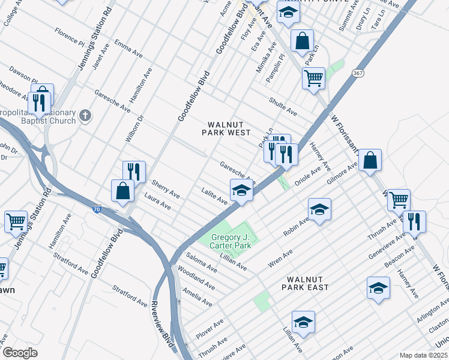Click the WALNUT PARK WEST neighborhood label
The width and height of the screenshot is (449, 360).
tap(229, 128)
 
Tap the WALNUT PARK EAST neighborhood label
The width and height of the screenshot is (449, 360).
tap(307, 283)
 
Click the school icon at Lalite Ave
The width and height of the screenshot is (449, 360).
tap(241, 191)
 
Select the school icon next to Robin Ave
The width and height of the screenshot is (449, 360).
tap(320, 209)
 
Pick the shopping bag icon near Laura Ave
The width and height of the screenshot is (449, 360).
tap(122, 191)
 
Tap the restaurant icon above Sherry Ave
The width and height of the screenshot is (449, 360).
tap(134, 172)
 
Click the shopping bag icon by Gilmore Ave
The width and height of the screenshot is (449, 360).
tap(370, 160)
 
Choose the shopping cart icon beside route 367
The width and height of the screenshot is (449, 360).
tap(313, 78)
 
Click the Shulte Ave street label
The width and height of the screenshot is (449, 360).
tap(283, 107)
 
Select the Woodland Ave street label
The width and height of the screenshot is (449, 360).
tap(196, 277)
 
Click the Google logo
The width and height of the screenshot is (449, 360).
tap(20, 352)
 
